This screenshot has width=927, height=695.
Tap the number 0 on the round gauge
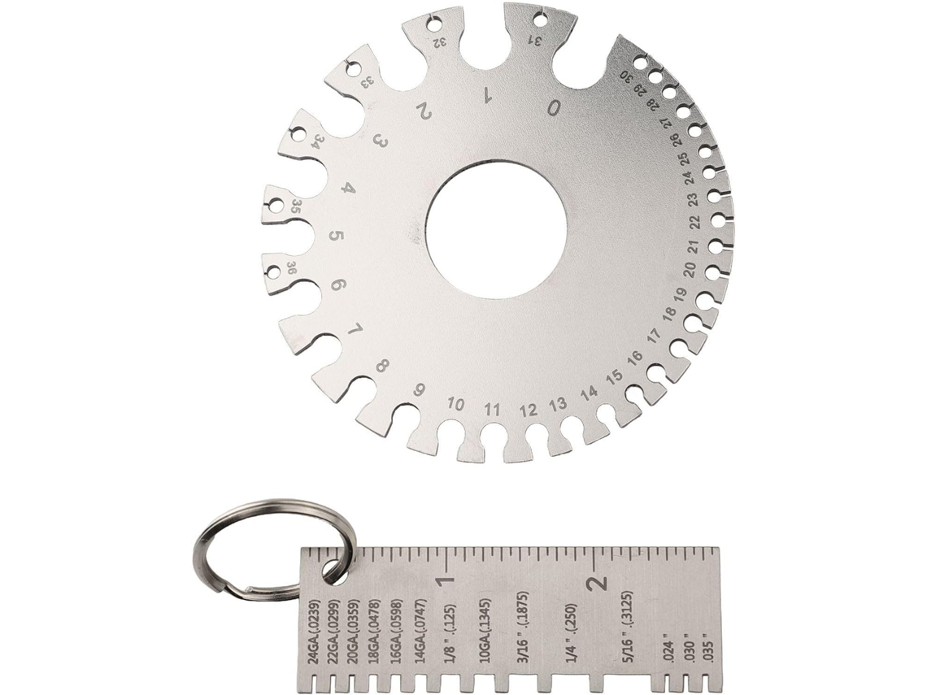pyautogui.click(x=554, y=108)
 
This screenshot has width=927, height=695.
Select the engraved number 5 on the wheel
pyautogui.click(x=336, y=237)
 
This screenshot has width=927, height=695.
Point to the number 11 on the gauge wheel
pyautogui.click(x=491, y=410)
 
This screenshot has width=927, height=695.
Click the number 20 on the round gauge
pyautogui.click(x=688, y=270)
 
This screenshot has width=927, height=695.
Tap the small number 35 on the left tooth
pyautogui.click(x=296, y=206)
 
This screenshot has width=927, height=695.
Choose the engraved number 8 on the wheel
pyautogui.click(x=382, y=366)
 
